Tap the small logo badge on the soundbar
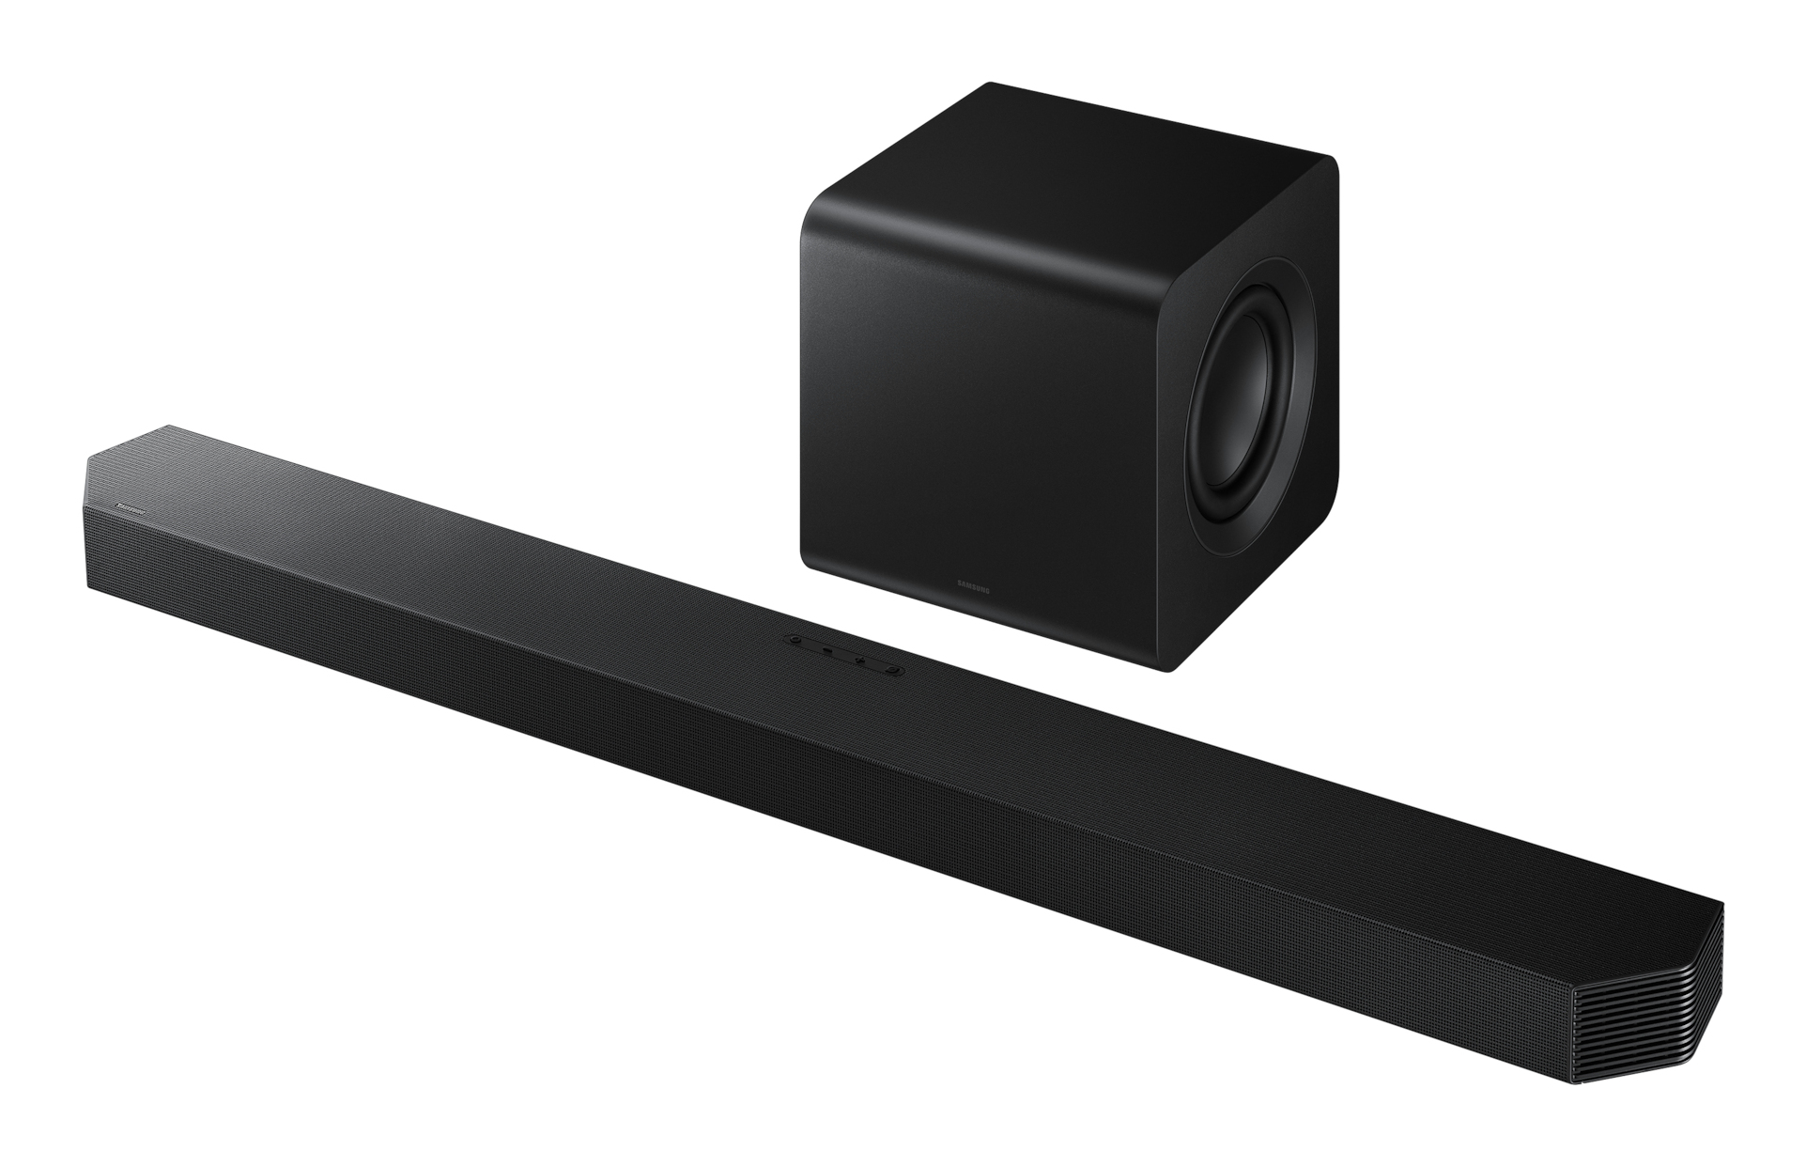127,508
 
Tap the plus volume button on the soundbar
859,661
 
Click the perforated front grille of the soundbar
751,799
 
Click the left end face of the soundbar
91,545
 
